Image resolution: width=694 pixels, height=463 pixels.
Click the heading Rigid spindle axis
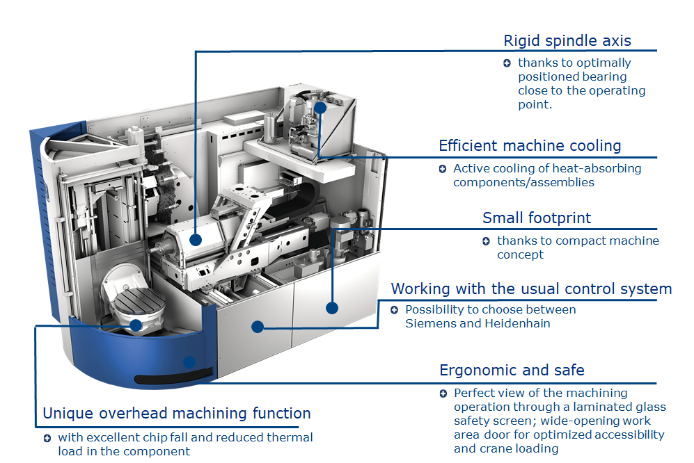coord(567,41)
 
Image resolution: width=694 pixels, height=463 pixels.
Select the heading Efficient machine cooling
coord(530,146)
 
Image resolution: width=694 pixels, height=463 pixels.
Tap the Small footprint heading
coord(537,218)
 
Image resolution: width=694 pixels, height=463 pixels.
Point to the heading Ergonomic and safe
coord(512,370)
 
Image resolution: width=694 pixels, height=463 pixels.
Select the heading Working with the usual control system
coord(531,289)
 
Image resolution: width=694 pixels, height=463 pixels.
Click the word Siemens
coord(429,323)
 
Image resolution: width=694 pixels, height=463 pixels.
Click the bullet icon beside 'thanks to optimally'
coord(507,63)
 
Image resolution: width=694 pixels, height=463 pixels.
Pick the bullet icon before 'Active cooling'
coord(443,169)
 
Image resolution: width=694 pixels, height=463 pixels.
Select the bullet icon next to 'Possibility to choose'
coord(395,310)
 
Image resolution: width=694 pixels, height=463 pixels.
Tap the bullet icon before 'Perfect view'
coord(443,393)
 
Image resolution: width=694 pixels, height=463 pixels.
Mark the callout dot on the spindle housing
coord(196,241)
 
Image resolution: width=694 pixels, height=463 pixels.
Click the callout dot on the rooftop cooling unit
coord(320,108)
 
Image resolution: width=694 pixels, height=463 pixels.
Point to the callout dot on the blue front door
coord(189,361)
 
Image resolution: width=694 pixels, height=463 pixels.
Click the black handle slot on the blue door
coord(167,378)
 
